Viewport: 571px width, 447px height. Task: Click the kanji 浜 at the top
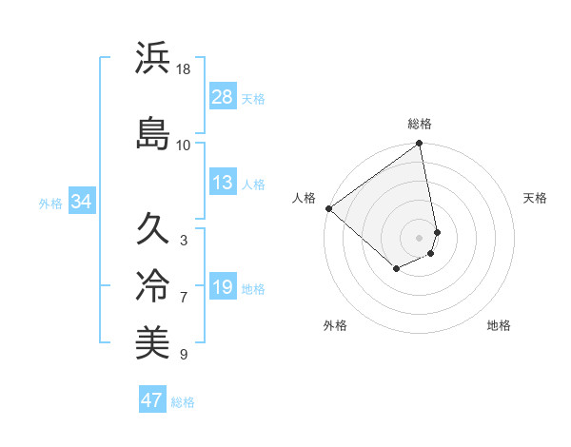coord(153,59)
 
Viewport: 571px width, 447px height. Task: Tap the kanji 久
coord(153,228)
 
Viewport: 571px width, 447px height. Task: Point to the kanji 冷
coord(153,285)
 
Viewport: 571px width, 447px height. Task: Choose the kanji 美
coord(153,342)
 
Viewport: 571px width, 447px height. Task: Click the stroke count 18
coord(184,70)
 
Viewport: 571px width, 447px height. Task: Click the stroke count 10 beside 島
coord(184,145)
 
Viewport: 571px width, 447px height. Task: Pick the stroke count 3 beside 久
coord(183,241)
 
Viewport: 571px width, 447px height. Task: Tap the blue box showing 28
coord(223,97)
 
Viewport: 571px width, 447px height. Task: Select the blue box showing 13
coord(223,184)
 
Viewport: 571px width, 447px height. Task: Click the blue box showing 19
coord(223,287)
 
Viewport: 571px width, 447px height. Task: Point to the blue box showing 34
coord(81,202)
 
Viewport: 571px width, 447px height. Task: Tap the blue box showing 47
coord(152,400)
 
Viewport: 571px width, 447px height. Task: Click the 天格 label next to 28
coord(253,99)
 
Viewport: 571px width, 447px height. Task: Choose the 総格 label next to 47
coord(183,402)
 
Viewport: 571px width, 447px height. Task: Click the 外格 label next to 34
coord(50,203)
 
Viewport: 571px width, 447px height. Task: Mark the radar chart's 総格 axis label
coord(420,124)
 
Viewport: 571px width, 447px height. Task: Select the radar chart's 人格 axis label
coord(304,198)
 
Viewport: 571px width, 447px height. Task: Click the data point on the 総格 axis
coord(420,145)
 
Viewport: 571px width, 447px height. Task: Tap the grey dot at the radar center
coord(419,237)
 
